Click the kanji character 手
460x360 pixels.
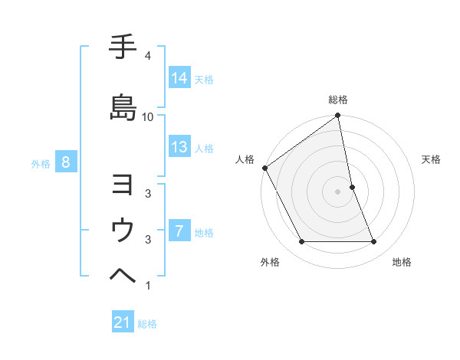coord(123,48)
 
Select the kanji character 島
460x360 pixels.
coord(123,106)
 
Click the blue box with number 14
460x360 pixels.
coord(179,78)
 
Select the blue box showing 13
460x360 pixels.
coord(179,147)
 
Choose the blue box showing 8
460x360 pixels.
coord(66,162)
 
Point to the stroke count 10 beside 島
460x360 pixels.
coord(148,116)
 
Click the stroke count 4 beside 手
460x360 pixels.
coord(148,56)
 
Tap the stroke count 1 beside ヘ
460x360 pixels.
coord(148,286)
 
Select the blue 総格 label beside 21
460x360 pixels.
coord(147,324)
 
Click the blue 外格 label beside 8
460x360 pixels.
coord(41,163)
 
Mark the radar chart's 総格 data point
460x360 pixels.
coord(337,116)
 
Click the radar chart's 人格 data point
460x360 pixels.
coord(264,168)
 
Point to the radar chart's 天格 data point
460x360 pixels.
coord(352,187)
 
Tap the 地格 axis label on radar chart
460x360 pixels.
coord(402,262)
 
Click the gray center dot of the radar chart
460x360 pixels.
coord(337,191)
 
